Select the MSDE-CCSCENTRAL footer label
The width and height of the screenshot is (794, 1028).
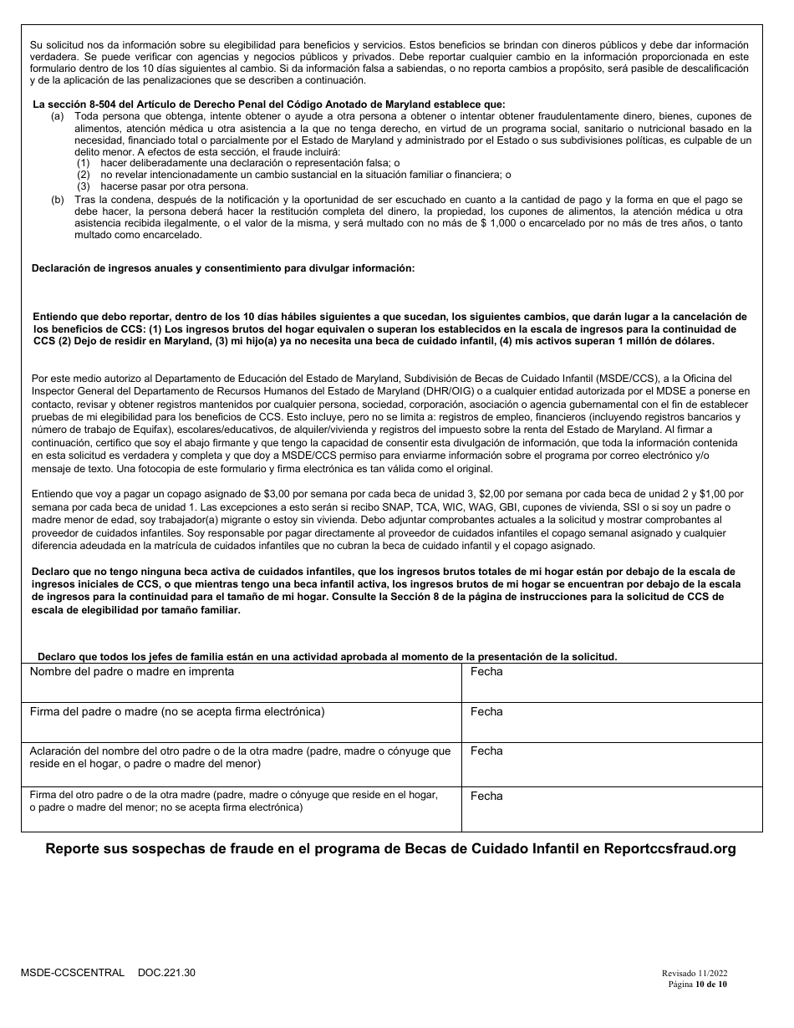73,973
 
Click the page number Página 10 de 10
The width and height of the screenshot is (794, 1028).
698,984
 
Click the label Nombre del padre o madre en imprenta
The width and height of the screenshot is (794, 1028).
132,672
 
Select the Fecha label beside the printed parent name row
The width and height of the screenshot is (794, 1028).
486,672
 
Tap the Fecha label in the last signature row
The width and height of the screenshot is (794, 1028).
486,796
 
